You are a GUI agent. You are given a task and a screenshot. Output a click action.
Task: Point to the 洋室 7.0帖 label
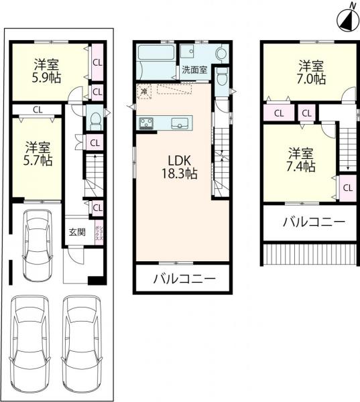312,72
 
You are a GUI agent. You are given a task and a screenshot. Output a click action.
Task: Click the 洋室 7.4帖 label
301,159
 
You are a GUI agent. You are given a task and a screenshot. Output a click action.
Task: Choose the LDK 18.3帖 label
176,167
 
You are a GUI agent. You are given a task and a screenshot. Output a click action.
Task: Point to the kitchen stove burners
147,123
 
